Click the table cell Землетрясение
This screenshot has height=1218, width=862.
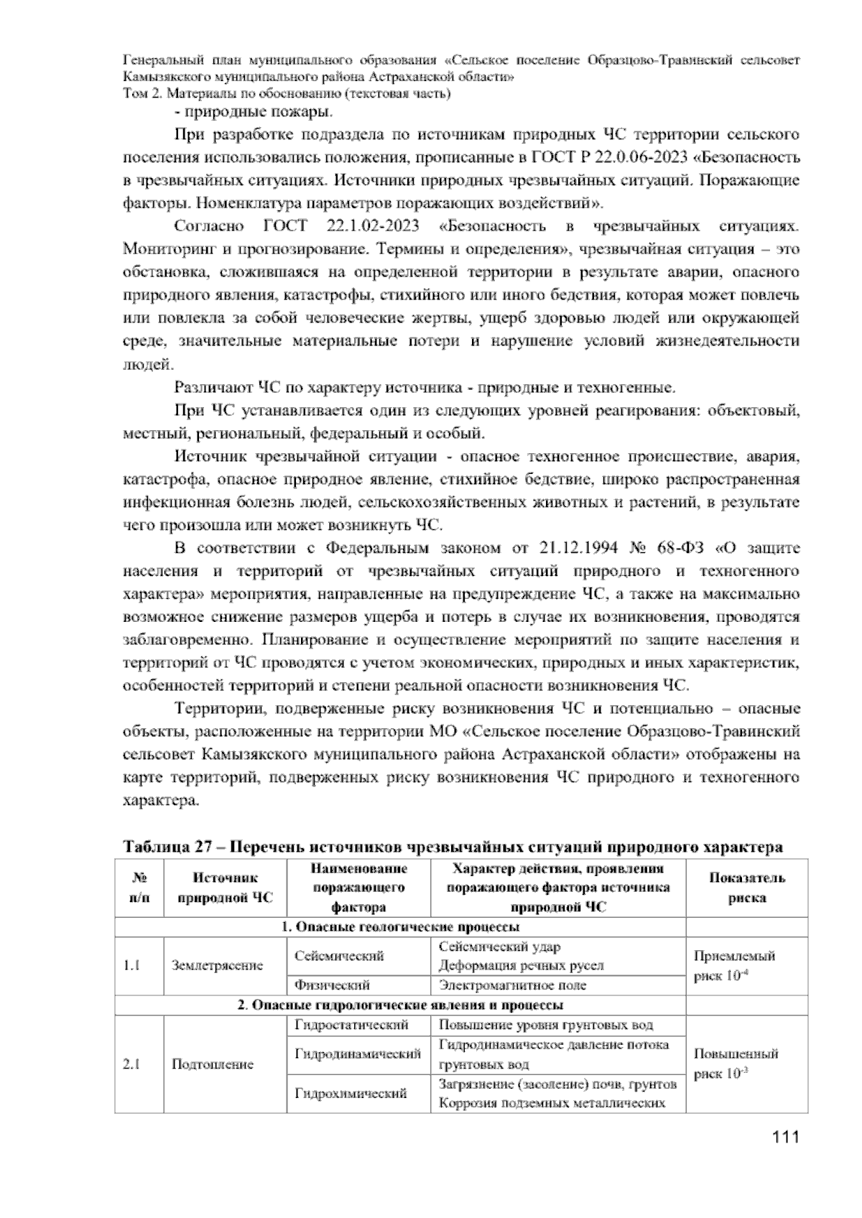coord(217,965)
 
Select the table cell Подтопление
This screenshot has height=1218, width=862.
coord(213,1064)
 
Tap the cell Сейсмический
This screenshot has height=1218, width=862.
coord(339,956)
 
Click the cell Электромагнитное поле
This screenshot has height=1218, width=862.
coord(512,985)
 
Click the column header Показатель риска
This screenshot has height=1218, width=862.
coord(746,888)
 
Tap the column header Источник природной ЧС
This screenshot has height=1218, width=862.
coord(225,888)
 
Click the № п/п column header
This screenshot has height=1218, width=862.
coord(139,888)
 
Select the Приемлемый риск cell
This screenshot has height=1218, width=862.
coord(735,966)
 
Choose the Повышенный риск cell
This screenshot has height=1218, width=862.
coord(736,1064)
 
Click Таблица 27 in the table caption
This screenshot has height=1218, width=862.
coord(163,847)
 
